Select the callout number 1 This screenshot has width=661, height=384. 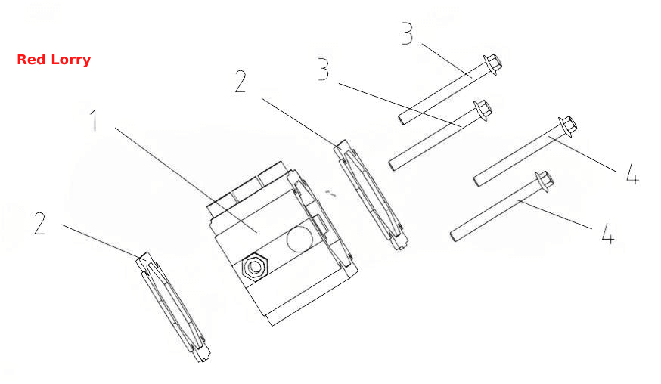click(x=95, y=120)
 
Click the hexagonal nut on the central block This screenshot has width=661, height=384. click(x=254, y=266)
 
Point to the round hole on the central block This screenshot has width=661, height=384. click(x=300, y=240)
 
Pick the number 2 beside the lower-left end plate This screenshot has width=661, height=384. click(x=39, y=224)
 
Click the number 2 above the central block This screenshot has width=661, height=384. click(x=241, y=82)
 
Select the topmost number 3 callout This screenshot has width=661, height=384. click(x=407, y=34)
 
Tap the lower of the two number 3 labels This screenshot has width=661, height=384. click(x=324, y=70)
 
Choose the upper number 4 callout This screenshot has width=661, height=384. click(x=632, y=174)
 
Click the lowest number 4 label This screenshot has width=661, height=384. click(x=607, y=233)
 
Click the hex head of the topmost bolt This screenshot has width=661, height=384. click(x=493, y=63)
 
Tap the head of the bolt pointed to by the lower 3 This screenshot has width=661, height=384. click(x=483, y=110)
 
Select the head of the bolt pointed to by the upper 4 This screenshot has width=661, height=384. click(x=567, y=126)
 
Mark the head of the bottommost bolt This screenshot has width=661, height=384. click(x=545, y=181)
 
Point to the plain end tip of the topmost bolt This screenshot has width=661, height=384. click(x=402, y=119)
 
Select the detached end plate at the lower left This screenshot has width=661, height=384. click(x=173, y=307)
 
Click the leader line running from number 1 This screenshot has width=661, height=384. click(x=186, y=180)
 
